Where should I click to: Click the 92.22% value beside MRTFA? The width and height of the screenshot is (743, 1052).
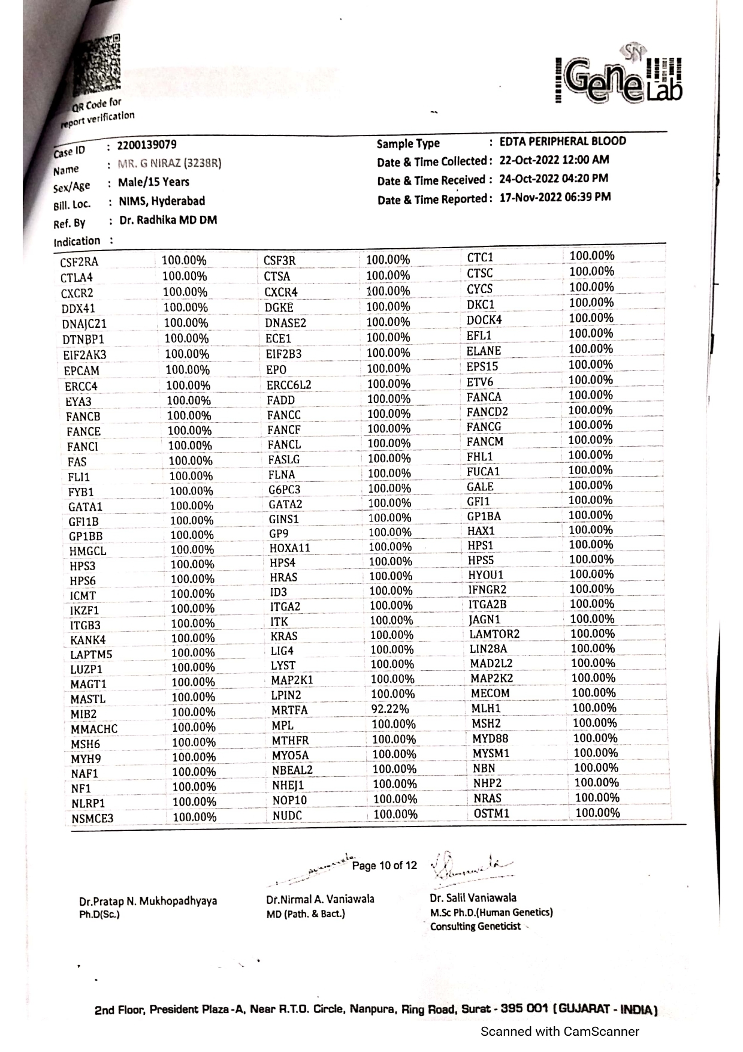coord(386,710)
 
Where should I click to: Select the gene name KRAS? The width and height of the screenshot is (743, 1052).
coord(283,636)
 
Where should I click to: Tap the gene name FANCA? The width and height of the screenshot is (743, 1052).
coord(484,397)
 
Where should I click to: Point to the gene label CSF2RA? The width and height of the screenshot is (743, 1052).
coord(79,262)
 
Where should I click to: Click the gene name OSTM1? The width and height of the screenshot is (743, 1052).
coord(491,813)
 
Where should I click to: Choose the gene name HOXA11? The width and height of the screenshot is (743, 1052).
coord(290,548)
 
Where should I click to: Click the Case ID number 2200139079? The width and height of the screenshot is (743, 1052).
coord(147,145)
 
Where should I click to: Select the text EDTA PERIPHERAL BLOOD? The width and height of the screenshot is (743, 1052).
coord(563,141)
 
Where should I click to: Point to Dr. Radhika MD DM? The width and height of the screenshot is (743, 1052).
coord(168,221)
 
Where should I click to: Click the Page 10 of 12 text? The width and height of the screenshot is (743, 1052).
coord(384,866)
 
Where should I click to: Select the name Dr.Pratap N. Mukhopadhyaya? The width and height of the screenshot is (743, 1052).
coord(148,901)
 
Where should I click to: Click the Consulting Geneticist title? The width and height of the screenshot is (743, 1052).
coord(475,927)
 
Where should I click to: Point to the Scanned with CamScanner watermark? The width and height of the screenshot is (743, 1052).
coord(560,1032)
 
